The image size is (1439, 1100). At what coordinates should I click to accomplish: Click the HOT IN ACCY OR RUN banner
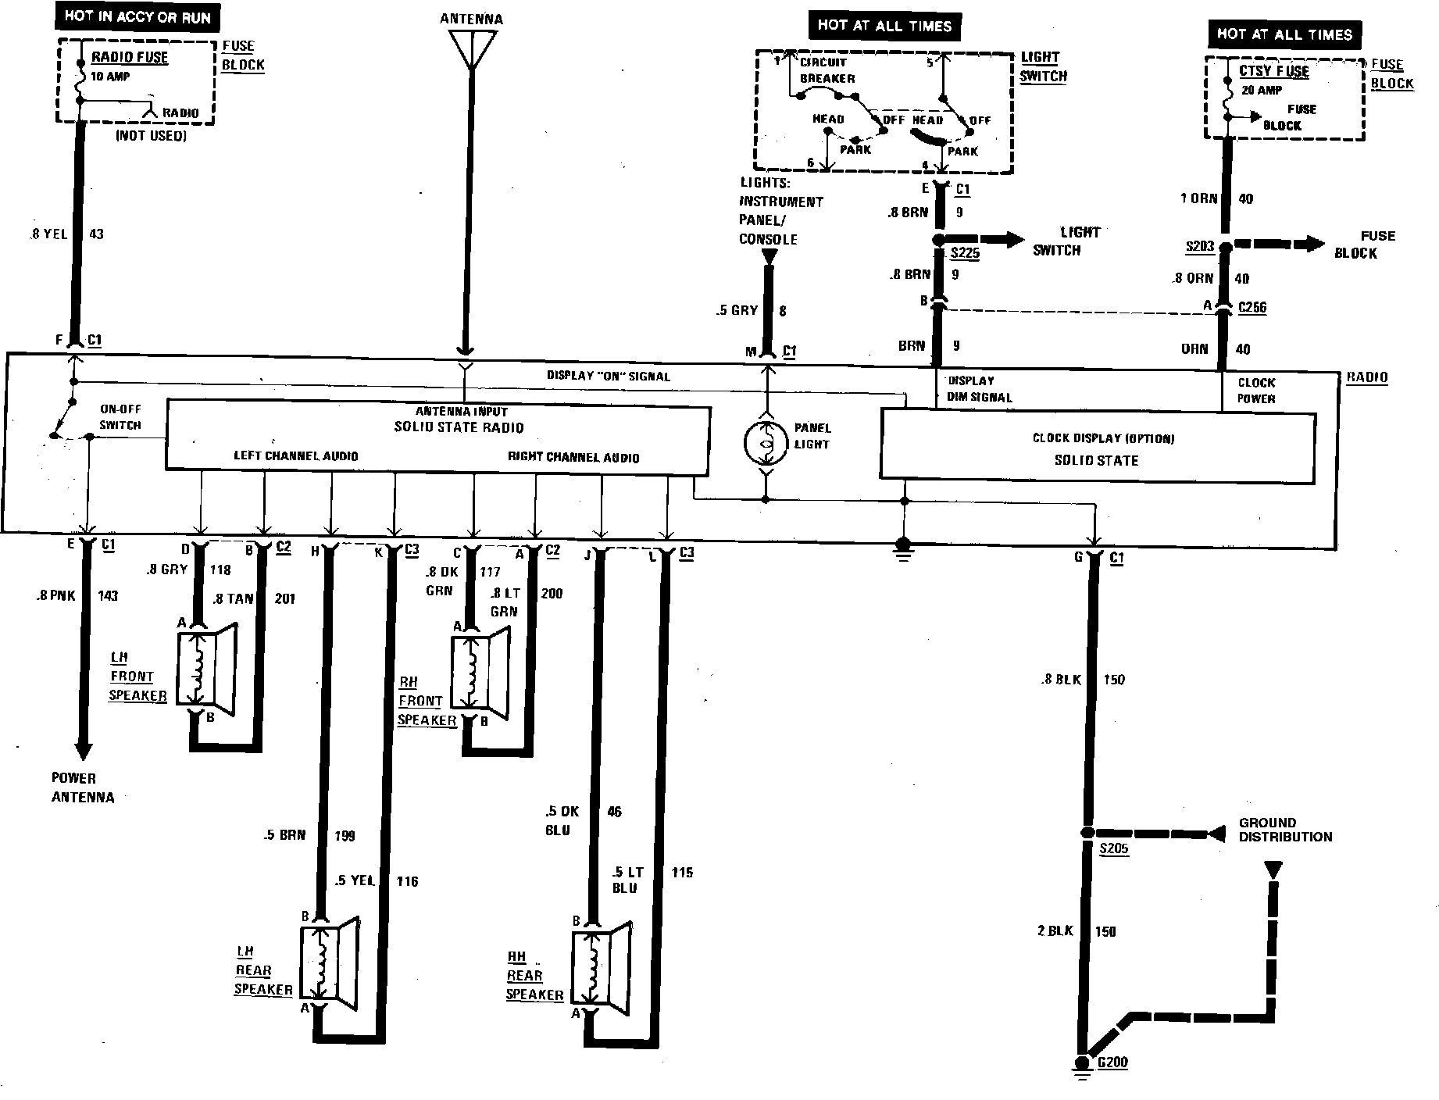(x=137, y=17)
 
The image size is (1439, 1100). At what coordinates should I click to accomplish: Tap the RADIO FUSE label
(x=130, y=57)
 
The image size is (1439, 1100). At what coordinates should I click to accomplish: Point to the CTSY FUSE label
(x=1273, y=71)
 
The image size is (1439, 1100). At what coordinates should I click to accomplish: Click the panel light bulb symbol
(x=766, y=444)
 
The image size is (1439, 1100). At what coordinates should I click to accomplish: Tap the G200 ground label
(x=1112, y=1062)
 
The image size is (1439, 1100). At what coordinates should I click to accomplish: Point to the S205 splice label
(x=1113, y=849)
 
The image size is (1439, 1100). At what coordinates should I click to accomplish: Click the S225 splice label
(x=965, y=253)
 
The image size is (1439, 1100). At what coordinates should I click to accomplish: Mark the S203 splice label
(x=1200, y=247)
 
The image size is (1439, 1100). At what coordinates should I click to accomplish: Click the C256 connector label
(x=1252, y=307)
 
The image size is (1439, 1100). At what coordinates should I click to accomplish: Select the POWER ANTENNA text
(x=83, y=787)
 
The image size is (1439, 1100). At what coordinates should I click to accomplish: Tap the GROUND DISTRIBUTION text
(x=1285, y=830)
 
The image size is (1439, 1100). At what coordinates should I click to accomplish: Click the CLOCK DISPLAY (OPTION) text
(x=1103, y=438)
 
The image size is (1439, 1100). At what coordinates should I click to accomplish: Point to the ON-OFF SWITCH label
(x=120, y=417)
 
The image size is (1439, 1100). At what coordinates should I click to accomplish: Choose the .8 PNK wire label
(x=55, y=595)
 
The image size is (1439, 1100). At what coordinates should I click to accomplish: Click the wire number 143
(x=108, y=595)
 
